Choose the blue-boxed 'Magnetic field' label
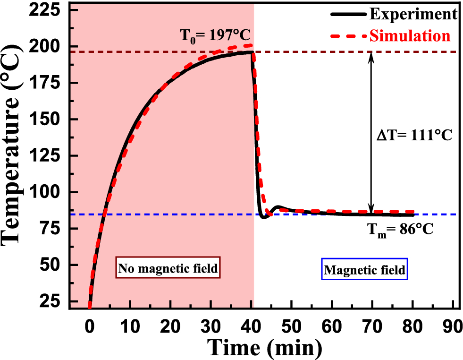click(364, 270)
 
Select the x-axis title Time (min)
click(266, 348)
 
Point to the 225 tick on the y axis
click(46, 10)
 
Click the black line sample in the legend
click(348, 15)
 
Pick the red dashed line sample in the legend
click(348, 36)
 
